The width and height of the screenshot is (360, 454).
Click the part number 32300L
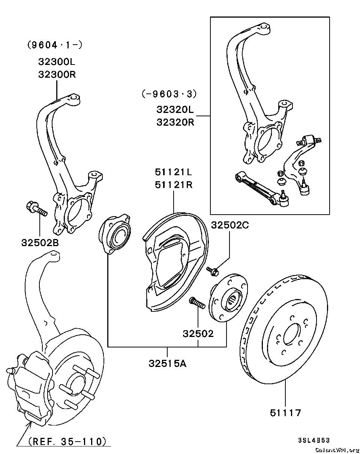tap(57, 62)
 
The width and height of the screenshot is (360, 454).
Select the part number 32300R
tap(57, 74)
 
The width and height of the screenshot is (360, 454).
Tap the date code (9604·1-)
tap(55, 45)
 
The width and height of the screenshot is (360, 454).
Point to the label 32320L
tap(175, 110)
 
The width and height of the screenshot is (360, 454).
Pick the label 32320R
tap(175, 122)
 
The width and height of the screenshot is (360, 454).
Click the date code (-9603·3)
tap(169, 94)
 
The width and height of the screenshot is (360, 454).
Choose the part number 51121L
tap(173, 172)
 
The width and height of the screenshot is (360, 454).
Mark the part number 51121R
tap(173, 185)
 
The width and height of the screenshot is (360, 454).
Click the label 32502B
tap(40, 243)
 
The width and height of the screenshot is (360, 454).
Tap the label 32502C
tap(230, 225)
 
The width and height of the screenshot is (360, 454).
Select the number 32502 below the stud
tap(198, 333)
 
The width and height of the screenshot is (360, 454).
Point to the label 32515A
tap(167, 363)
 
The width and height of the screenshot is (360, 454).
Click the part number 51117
tap(285, 413)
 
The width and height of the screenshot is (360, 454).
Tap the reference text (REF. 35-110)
tap(67, 441)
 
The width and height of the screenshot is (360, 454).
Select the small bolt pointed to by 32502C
tap(213, 270)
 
